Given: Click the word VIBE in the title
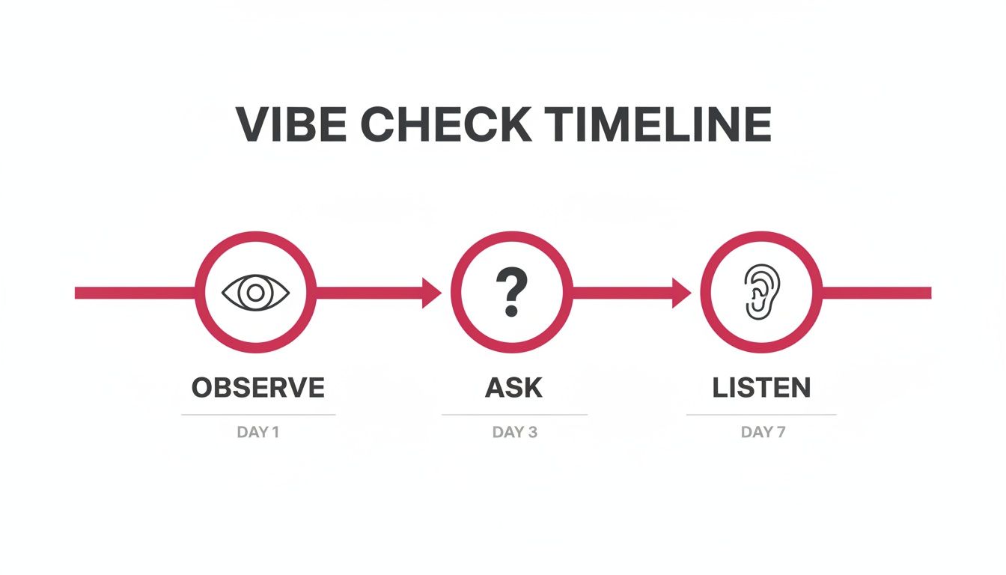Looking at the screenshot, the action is click(291, 124).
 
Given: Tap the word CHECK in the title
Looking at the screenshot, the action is click(446, 124).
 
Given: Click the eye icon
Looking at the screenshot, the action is click(255, 293).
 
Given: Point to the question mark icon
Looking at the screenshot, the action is click(511, 292).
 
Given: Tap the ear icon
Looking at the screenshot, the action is click(762, 292).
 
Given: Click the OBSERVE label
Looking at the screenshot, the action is click(258, 387).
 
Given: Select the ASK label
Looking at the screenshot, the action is click(513, 387).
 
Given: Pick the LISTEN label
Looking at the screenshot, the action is click(762, 387).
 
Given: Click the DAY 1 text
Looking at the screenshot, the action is click(258, 432).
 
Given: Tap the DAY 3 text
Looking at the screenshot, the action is click(515, 432).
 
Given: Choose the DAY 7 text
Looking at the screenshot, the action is click(763, 432).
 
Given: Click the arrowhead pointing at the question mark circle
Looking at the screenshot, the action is click(431, 293).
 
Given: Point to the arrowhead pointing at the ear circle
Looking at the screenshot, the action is click(681, 293).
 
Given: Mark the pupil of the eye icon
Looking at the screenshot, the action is click(255, 293).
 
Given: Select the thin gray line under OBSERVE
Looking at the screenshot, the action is click(258, 415).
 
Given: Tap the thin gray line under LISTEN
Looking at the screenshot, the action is click(761, 415).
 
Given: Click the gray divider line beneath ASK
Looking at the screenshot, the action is click(515, 415).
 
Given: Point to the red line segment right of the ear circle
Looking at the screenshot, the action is click(877, 293).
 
